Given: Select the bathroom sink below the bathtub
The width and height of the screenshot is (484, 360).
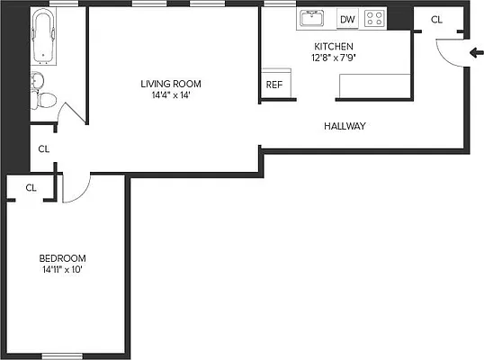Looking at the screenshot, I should coord(36,81).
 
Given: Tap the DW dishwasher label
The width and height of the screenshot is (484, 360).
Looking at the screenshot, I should coord(347,19).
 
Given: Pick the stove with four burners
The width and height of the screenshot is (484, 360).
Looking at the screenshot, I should coord(374,18).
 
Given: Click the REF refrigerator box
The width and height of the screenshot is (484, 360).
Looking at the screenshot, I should coord(273,85).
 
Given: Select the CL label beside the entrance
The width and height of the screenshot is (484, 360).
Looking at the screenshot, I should coord(436,20).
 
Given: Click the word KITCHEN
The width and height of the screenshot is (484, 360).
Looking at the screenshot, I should coord(333,47).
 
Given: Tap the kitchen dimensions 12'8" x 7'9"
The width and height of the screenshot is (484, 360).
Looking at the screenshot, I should coord(333,58).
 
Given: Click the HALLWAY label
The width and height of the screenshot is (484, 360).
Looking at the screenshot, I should coord(345,126).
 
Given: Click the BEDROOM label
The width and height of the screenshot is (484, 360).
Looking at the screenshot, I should coord(62,256).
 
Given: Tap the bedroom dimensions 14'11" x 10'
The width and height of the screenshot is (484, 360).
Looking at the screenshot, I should coord(62,269).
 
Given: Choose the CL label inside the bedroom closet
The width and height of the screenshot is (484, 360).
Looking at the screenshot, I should coord(31,188).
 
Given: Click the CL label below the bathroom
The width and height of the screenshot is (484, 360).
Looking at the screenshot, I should coord(42,149).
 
